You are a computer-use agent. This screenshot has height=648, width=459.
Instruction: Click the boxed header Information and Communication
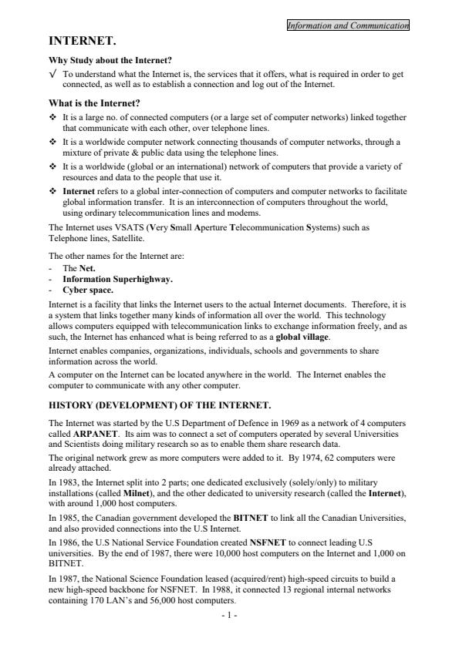[347, 25]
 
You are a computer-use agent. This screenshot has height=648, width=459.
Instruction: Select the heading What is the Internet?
[95, 102]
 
